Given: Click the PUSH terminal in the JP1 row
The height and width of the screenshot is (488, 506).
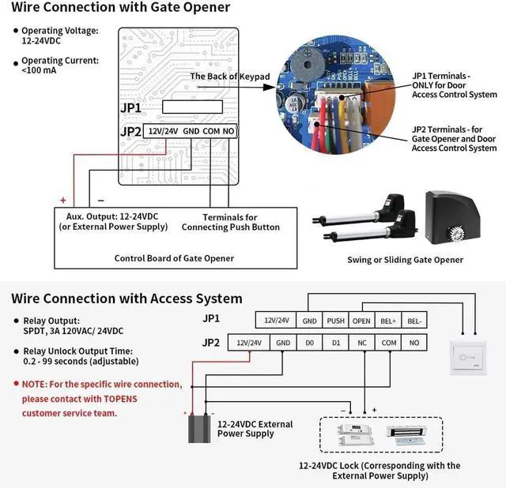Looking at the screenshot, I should point(335,321).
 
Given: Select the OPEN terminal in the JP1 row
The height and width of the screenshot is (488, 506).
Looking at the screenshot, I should point(361,321).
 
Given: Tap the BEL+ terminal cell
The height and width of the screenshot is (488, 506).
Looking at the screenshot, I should point(387,321).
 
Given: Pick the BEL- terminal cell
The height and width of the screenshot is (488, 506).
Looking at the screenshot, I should point(413,321).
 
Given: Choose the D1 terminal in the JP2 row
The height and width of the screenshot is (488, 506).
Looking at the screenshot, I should point(336,343).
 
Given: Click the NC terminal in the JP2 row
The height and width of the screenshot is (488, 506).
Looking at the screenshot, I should point(362,343).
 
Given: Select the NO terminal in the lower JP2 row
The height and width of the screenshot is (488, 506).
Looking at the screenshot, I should point(413,343).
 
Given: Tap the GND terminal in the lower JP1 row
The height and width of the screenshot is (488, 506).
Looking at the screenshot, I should point(309,321).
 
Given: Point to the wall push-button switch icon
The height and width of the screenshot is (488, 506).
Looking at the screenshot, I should point(466,356).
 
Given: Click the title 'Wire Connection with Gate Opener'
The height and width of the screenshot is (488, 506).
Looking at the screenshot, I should point(121,8).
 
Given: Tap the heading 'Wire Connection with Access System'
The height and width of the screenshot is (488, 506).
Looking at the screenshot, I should point(127,298).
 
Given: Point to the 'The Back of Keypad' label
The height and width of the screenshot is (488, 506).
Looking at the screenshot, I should point(230,76).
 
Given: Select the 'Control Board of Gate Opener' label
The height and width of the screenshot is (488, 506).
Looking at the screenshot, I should point(174,258).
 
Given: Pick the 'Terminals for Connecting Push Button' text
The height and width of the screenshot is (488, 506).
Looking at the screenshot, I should point(231,222).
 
